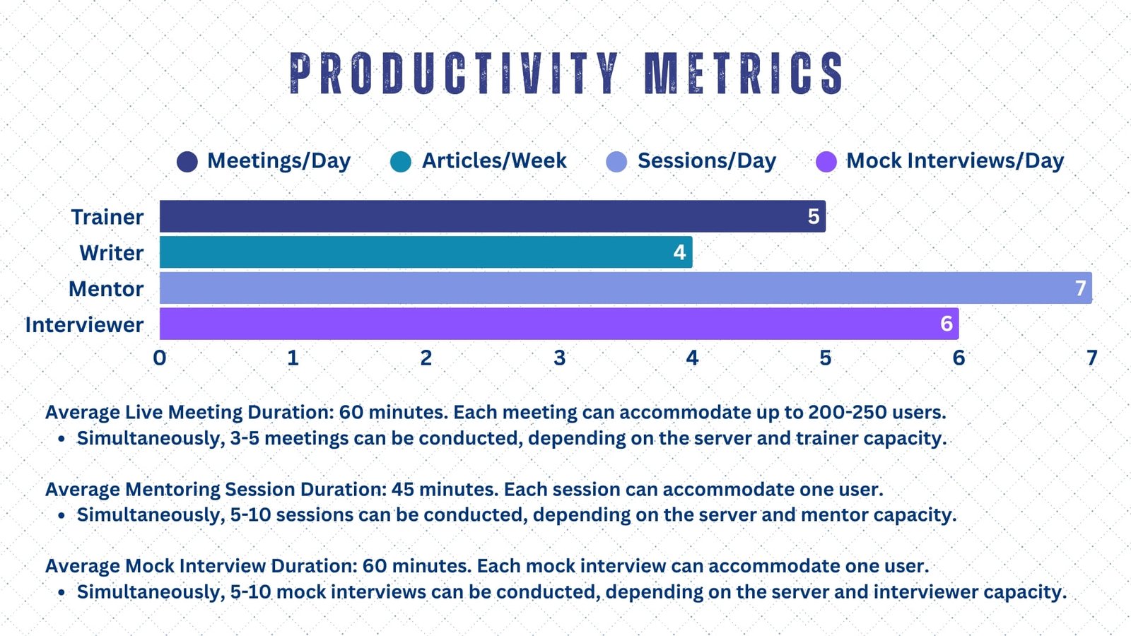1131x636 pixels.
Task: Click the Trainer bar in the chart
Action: coord(492,216)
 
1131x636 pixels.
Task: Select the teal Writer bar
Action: coord(426,252)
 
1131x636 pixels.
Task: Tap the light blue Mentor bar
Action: coord(626,288)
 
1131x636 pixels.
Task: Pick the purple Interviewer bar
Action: coord(559,324)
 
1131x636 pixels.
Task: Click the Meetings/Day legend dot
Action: coord(187,162)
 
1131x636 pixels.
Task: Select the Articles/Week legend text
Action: coord(494,161)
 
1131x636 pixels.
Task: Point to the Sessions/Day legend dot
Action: coord(616,162)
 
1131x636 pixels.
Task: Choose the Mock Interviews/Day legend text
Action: coord(955,161)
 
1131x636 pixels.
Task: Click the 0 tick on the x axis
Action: coord(160,358)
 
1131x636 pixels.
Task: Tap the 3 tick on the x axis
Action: coord(559,358)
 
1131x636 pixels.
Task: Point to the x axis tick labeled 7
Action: coord(1092,358)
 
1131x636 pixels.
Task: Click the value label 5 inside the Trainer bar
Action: coord(814,216)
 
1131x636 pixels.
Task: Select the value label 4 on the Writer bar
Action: coord(679,252)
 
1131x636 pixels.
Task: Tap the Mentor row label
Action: coord(106,289)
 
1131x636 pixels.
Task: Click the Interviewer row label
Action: coord(84,324)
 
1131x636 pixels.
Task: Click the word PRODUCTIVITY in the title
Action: coord(454,73)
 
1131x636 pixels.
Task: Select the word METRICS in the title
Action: coord(744,73)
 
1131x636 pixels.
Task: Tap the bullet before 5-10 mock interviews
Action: coord(61,592)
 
